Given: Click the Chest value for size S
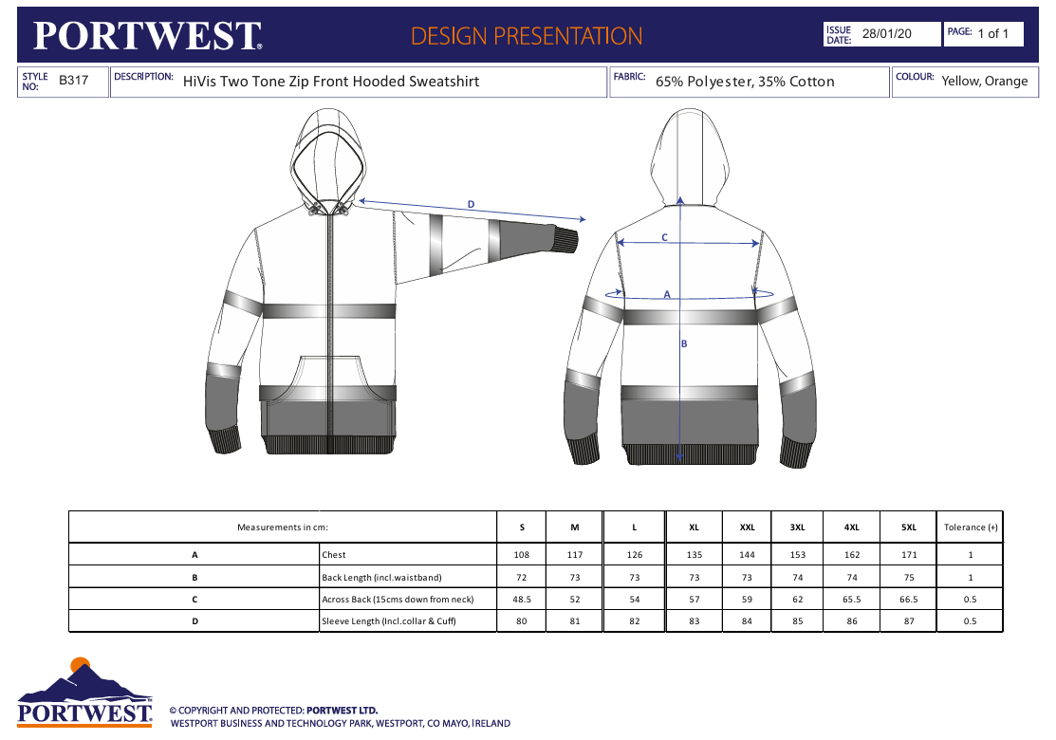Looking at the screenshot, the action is click(x=521, y=555).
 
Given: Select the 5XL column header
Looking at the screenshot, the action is click(x=909, y=527).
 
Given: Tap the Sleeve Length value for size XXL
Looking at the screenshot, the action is click(x=747, y=620).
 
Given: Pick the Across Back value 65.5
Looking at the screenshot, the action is click(x=851, y=599).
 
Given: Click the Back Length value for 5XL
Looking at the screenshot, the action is click(x=909, y=577).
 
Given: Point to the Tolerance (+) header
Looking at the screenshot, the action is click(x=971, y=527).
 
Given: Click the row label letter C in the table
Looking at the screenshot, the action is click(x=195, y=600).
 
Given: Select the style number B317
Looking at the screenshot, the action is click(x=73, y=80).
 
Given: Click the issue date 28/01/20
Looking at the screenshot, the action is click(x=886, y=33).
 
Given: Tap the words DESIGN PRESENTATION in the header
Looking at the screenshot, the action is click(x=527, y=36).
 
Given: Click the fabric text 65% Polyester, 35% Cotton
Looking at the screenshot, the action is click(x=745, y=82).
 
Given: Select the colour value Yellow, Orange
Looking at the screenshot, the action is click(x=985, y=81).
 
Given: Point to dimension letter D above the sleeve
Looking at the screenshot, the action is click(x=471, y=204).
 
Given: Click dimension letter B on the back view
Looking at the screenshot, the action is click(x=684, y=343).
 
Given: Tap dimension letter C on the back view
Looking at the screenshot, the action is click(x=664, y=237).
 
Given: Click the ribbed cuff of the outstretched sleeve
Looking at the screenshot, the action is click(x=565, y=239).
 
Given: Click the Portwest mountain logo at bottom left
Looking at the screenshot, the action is click(x=84, y=692).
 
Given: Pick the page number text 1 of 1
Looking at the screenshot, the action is click(x=993, y=33).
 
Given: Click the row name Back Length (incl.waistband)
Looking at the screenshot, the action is click(x=381, y=577).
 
